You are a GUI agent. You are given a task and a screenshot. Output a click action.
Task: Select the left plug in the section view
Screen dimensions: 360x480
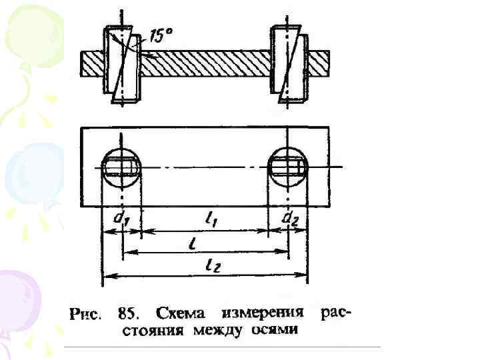pos(123,65)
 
